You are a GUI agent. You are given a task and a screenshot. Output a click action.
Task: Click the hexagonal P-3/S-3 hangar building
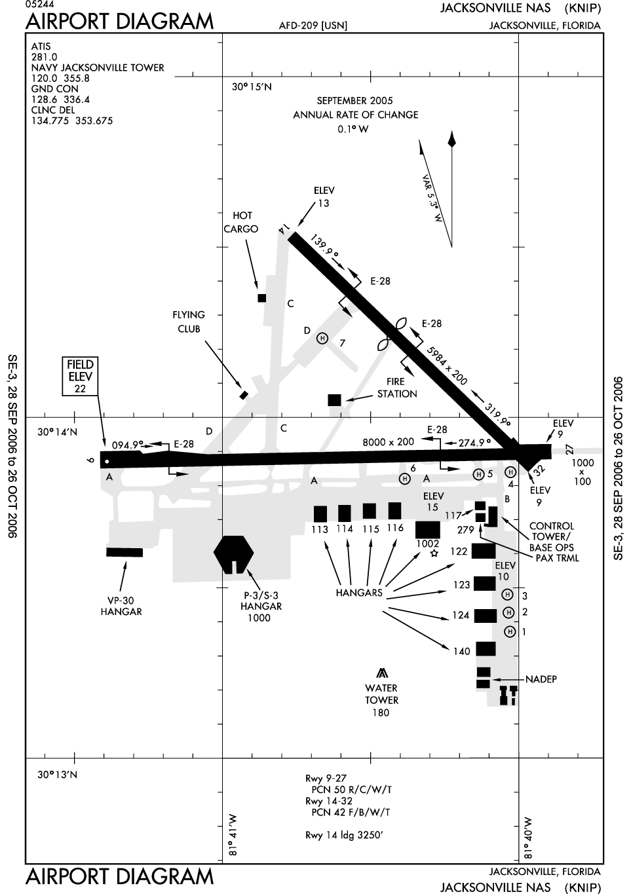pyautogui.click(x=233, y=554)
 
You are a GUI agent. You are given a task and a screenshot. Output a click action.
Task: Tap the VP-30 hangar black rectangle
pyautogui.click(x=124, y=552)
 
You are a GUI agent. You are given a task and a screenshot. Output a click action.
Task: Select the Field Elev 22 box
pyautogui.click(x=80, y=377)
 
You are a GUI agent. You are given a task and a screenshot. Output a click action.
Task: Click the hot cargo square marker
pyautogui.click(x=262, y=298)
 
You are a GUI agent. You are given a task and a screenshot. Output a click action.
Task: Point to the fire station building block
pyautogui.click(x=334, y=400)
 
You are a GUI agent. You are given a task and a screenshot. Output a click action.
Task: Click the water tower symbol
pyautogui.click(x=381, y=673)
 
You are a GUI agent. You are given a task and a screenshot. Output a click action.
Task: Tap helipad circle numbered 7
pyautogui.click(x=322, y=339)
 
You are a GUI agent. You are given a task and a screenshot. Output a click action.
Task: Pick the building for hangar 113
pyautogui.click(x=320, y=513)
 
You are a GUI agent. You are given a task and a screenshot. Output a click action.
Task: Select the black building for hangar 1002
pyautogui.click(x=428, y=529)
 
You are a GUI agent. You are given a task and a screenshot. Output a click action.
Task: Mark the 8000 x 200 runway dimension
pyautogui.click(x=388, y=442)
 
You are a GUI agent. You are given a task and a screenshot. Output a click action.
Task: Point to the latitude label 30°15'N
pyautogui.click(x=252, y=86)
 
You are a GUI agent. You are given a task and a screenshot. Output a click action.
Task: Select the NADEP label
pyautogui.click(x=541, y=679)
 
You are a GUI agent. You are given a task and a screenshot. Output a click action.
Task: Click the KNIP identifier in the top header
pyautogui.click(x=583, y=9)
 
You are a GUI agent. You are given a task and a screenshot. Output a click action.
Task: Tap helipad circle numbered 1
pyautogui.click(x=510, y=631)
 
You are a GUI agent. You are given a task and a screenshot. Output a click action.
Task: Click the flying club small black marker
pyautogui.click(x=244, y=395)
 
